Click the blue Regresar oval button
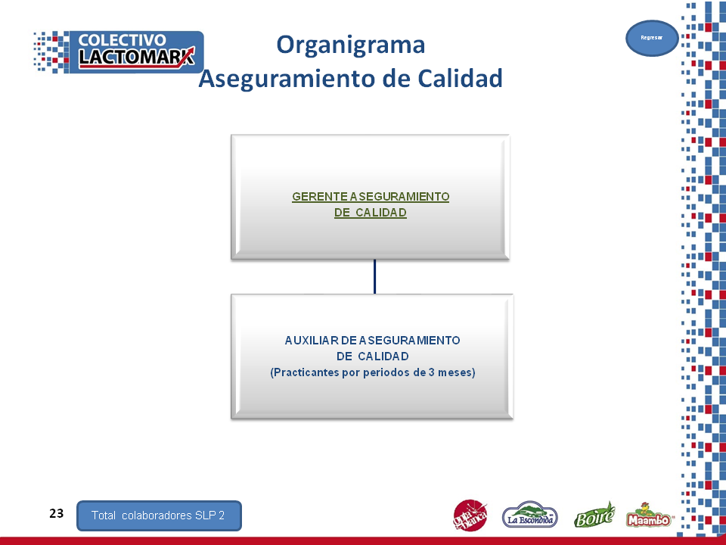point(652,38)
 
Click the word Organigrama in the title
point(350,45)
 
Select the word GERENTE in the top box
point(320,197)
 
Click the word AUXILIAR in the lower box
point(312,341)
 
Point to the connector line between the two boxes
point(374,277)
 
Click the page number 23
point(57,513)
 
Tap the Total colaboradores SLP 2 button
point(159,515)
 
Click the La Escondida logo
point(529,515)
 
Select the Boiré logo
point(594,515)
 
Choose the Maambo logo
point(649,515)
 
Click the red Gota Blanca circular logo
point(470,515)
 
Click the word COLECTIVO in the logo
point(123,40)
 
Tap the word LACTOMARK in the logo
point(137,58)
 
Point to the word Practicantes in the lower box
point(305,372)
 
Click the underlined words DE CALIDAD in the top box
point(371,213)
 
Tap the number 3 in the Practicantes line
point(431,372)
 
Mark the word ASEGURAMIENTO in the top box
point(399,197)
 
